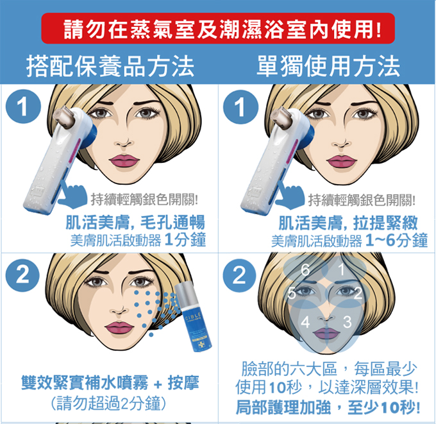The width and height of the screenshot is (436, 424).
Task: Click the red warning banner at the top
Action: coord(218,28)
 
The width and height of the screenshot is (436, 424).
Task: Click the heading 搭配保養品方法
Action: coord(110,66)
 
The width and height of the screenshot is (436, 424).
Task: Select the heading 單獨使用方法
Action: coord(328,66)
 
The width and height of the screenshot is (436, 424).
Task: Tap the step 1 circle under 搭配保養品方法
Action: coord(23,106)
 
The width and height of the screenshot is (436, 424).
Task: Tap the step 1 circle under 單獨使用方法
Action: coord(240,107)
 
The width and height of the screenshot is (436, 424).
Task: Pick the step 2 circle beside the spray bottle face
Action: coord(23,275)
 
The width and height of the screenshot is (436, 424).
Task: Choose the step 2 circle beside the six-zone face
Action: coord(239,275)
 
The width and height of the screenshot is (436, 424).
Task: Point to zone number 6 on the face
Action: coord(305,269)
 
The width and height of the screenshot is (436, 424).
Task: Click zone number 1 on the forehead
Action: coord(342,269)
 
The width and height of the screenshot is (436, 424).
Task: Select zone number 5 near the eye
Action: coord(291,293)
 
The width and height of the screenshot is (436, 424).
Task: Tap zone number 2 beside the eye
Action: coord(358,293)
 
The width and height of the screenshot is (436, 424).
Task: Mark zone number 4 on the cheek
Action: coord(305,322)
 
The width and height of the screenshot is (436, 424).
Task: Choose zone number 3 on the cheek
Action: coord(348,322)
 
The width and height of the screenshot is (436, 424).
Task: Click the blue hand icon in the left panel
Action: coord(72,194)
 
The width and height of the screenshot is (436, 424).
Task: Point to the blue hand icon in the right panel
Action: coord(290,194)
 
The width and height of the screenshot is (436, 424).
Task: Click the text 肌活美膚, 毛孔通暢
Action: coord(135,223)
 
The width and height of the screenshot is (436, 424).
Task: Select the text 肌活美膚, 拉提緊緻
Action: coord(348,223)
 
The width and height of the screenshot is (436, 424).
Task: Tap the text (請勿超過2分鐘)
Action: coord(109,403)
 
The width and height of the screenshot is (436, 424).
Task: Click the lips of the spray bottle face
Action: coord(119,327)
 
